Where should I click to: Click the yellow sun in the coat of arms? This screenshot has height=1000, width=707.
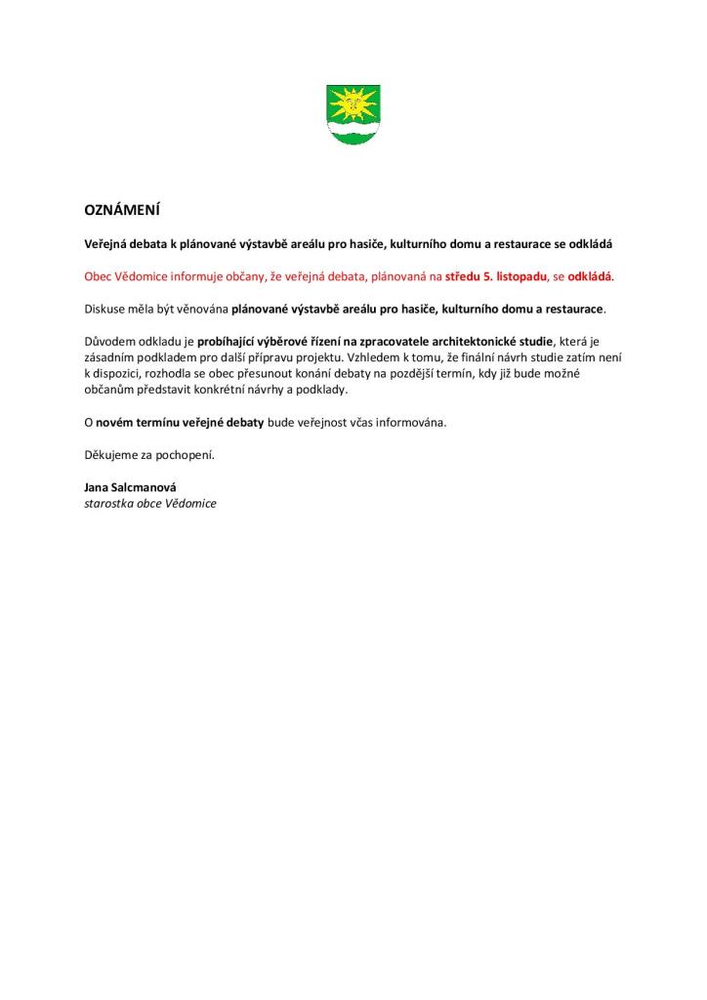click(353, 102)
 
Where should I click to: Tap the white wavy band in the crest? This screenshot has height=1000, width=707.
click(353, 127)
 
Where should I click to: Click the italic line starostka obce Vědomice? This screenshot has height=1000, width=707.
click(150, 503)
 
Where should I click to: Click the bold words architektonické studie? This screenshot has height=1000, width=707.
click(487, 341)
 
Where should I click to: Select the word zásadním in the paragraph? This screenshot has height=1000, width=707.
click(110, 357)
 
